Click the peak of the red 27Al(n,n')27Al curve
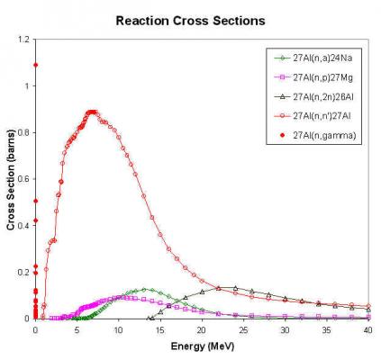coord(92,112)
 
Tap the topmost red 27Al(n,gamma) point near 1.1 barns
coord(35,65)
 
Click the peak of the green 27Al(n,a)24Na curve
coord(144,290)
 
